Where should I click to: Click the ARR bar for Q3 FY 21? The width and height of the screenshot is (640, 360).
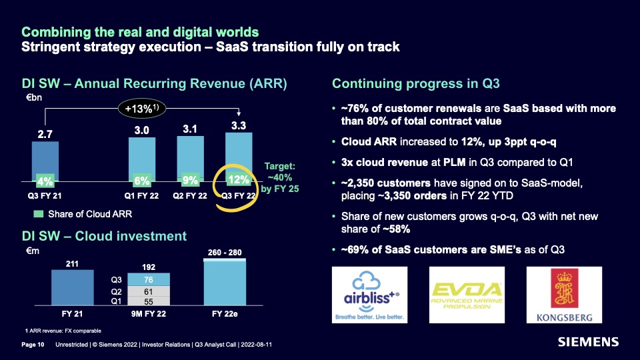click(x=45, y=161)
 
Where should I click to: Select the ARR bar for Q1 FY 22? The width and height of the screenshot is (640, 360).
click(x=141, y=159)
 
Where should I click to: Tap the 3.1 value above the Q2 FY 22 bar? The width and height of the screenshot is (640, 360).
click(x=190, y=129)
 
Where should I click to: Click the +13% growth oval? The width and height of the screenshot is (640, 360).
click(x=141, y=109)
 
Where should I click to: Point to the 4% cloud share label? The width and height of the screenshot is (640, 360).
click(x=45, y=181)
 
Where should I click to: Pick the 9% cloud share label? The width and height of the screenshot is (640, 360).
click(x=190, y=180)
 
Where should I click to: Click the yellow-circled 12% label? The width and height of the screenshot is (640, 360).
click(x=239, y=179)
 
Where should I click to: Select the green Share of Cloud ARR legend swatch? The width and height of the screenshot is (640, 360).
click(x=39, y=214)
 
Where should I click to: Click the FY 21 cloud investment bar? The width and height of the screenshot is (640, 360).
click(x=72, y=287)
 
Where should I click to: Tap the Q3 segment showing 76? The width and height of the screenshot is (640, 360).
click(x=149, y=279)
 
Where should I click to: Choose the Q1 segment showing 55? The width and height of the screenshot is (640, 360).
click(x=149, y=301)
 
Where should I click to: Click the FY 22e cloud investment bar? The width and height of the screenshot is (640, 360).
click(x=225, y=282)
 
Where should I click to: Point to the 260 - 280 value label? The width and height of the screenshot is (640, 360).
click(x=225, y=252)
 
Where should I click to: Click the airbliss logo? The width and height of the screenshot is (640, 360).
click(x=369, y=295)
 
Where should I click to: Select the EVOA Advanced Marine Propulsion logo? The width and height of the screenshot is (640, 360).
click(x=467, y=295)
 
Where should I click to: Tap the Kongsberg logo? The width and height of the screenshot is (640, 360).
click(x=564, y=295)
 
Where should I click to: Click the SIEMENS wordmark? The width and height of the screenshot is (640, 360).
click(x=588, y=342)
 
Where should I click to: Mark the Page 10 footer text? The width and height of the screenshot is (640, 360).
click(x=33, y=345)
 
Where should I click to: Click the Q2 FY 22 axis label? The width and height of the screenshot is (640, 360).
click(x=190, y=195)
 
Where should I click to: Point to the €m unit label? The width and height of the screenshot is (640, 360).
click(x=33, y=251)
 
